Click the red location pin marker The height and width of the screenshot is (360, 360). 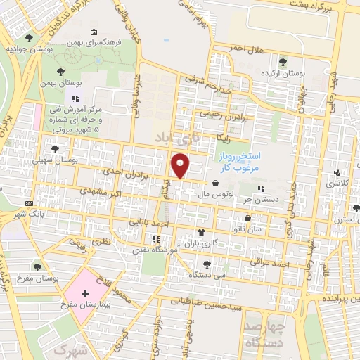[181, 166]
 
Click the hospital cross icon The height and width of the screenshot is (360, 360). [85, 292]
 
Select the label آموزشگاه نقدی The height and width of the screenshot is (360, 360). [143, 250]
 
